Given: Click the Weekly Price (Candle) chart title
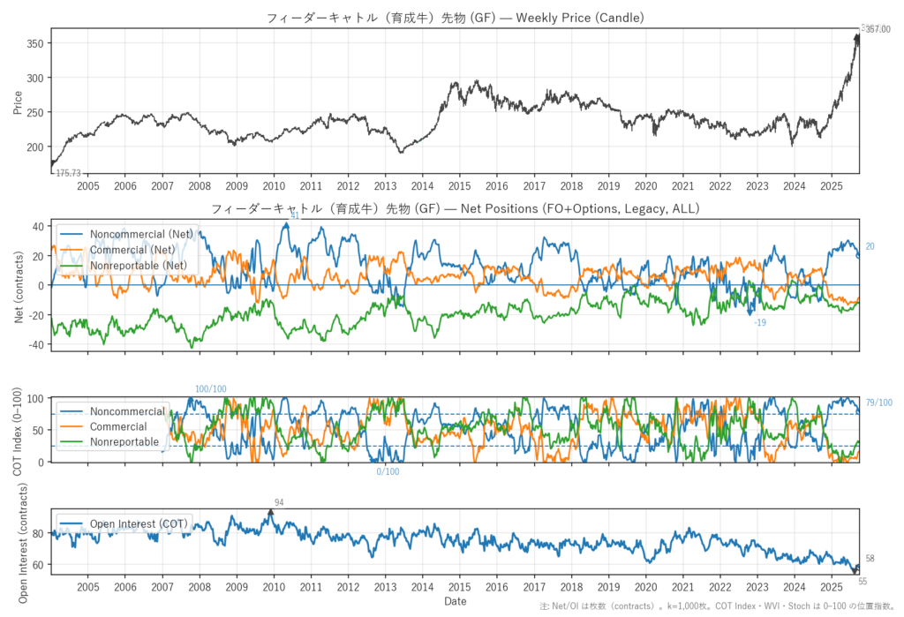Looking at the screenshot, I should tap(455, 18).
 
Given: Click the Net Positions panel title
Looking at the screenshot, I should tap(455, 208).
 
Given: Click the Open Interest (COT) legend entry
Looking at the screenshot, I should tap(139, 524).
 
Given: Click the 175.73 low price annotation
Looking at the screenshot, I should tap(68, 174).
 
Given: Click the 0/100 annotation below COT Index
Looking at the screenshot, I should tap(388, 471).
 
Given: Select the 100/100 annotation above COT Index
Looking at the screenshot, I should tap(211, 389).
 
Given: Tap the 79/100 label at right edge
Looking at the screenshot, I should tap(878, 403).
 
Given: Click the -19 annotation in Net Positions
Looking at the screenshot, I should tap(760, 323).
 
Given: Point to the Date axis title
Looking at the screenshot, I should tap(455, 602).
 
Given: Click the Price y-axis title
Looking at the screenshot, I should tap(17, 102).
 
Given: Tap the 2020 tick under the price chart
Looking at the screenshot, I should tap(645, 186).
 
